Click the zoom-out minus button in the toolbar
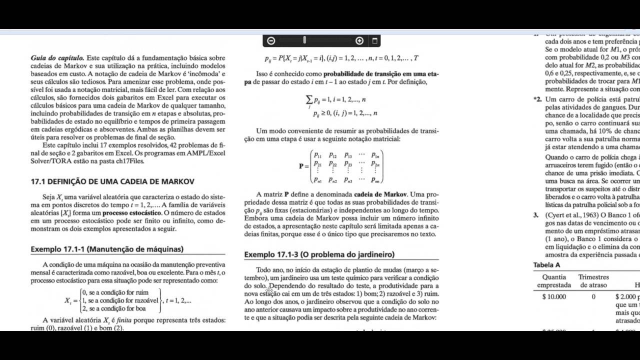click(x=271, y=40)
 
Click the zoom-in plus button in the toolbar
click(x=359, y=40)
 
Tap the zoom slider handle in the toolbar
click(x=304, y=40)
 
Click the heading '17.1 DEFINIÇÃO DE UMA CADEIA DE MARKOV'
click(x=112, y=181)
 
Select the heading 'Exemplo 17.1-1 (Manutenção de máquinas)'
click(x=107, y=249)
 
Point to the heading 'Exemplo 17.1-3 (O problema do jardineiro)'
click(x=319, y=254)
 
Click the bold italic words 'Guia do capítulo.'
click(x=57, y=58)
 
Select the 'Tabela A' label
click(x=547, y=265)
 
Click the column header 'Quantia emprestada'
click(x=554, y=281)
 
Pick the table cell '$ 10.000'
click(x=554, y=296)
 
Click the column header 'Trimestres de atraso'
click(x=593, y=281)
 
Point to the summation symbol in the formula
click(x=309, y=100)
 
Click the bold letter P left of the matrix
click(x=301, y=166)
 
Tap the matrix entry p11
click(x=318, y=155)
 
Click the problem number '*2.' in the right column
click(x=537, y=99)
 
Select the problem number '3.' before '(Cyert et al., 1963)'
click(x=535, y=215)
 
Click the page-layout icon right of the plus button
click(x=375, y=40)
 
